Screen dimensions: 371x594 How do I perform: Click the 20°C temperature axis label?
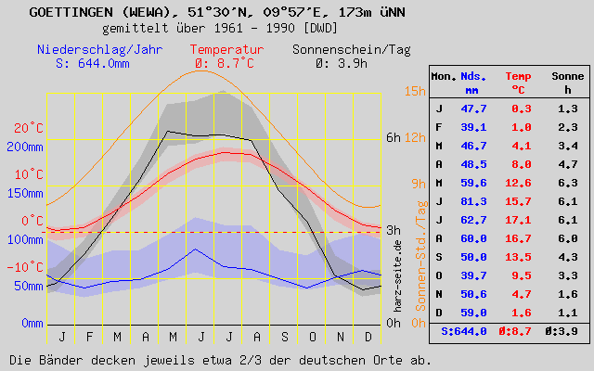pyautogui.click(x=29, y=128)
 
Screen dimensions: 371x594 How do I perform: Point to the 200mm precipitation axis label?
pyautogui.click(x=24, y=147)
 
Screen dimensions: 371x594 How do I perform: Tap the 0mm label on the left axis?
pyautogui.click(x=32, y=323)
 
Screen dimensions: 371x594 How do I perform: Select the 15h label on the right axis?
pyautogui.click(x=414, y=91)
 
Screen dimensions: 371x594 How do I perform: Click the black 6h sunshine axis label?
pyautogui.click(x=394, y=137)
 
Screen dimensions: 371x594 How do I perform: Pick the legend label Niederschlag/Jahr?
pyautogui.click(x=92, y=49)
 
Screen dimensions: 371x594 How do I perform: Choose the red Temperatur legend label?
pyautogui.click(x=226, y=49)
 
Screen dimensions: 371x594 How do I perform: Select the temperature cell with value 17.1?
pyautogui.click(x=519, y=219)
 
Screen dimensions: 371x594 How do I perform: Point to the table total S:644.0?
pyautogui.click(x=464, y=330)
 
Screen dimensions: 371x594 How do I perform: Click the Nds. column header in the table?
pyautogui.click(x=473, y=75)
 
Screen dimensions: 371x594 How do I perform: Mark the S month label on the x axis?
pyautogui.click(x=284, y=335)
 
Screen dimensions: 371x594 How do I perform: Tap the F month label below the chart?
pyautogui.click(x=89, y=335)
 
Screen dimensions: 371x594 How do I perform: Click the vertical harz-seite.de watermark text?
pyautogui.click(x=398, y=274)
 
